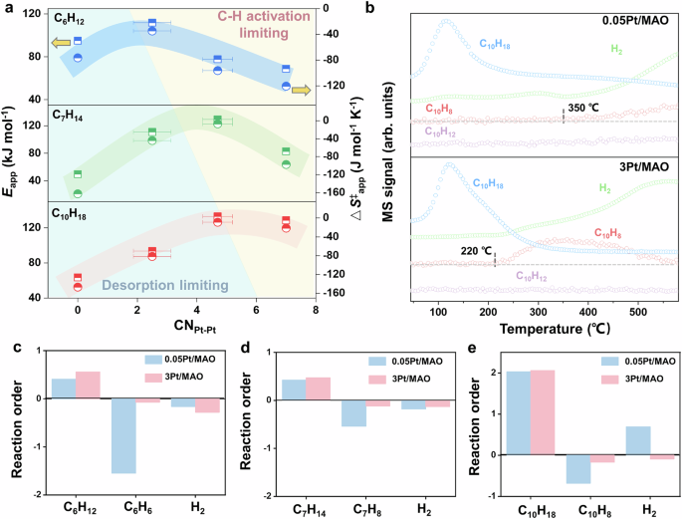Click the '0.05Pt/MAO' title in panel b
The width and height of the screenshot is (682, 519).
tap(633, 19)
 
